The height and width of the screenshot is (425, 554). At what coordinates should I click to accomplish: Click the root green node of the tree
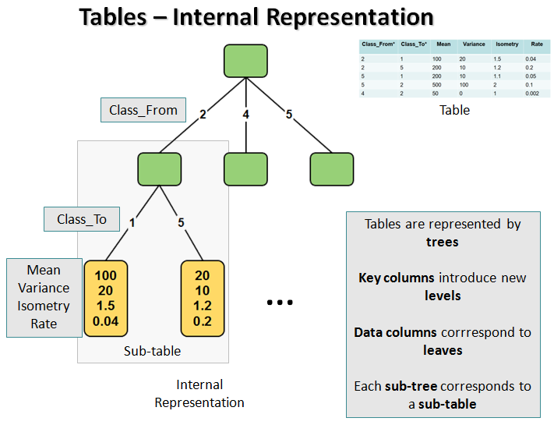245,62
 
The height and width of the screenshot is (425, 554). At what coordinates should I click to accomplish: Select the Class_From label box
143,110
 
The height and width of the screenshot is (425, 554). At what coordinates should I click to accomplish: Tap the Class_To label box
82,219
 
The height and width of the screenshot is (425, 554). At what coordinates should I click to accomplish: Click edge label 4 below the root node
246,115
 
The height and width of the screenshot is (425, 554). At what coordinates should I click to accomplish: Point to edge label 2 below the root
203,115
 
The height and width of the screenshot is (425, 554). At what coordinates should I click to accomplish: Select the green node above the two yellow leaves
159,169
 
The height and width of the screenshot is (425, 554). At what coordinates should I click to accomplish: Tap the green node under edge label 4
245,169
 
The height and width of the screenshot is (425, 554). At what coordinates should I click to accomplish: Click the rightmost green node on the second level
332,169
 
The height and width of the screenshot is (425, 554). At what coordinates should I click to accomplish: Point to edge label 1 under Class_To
132,222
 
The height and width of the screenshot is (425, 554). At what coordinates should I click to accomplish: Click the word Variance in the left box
44,288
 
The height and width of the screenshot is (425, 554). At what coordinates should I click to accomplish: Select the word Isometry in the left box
44,306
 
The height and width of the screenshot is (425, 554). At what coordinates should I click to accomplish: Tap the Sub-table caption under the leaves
152,351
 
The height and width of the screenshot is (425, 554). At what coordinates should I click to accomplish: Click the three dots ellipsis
279,302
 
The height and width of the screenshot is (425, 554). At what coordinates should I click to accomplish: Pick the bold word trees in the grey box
443,242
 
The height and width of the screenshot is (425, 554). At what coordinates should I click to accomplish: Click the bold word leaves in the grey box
443,350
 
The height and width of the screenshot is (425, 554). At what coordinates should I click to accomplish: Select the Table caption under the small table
454,110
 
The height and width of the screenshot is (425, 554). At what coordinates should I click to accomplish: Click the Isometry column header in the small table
506,44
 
